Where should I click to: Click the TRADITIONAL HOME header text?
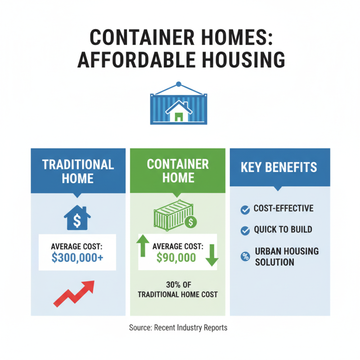click(78, 171)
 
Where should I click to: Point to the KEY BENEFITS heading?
click(279, 168)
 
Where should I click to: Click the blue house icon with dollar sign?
click(77, 219)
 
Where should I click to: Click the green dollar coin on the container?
click(192, 222)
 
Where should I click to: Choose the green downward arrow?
click(212, 256)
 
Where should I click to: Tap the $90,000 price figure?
click(176, 257)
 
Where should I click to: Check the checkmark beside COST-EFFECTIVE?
click(245, 209)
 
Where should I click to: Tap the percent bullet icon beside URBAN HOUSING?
click(245, 256)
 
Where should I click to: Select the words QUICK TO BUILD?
click(283, 230)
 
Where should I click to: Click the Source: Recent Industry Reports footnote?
click(178, 328)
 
